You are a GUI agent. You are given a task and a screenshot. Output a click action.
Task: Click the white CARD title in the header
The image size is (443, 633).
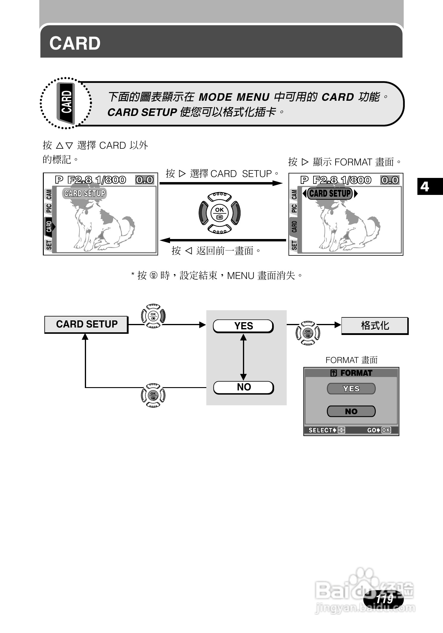tap(75, 44)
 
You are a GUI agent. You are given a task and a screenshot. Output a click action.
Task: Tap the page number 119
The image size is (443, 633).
tap(384, 599)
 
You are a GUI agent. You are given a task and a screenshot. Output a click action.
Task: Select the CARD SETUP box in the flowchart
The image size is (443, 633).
tap(86, 324)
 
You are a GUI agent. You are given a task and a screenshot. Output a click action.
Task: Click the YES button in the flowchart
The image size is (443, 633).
tap(243, 326)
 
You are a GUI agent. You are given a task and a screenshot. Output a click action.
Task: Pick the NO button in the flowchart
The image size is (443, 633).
tap(244, 387)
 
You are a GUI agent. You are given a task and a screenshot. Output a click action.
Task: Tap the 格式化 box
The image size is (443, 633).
tap(375, 325)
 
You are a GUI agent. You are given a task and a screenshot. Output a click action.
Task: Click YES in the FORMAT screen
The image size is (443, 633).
tap(351, 389)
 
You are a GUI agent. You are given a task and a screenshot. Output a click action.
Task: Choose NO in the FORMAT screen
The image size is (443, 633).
tap(351, 412)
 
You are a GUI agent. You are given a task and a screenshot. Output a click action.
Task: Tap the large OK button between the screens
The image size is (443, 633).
tap(219, 213)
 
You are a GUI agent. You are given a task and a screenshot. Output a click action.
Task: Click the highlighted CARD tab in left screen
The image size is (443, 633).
tap(49, 226)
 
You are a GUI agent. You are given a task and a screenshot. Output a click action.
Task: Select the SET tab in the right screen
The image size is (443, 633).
tap(294, 245)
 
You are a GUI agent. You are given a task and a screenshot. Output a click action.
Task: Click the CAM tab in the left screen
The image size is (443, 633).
tap(49, 194)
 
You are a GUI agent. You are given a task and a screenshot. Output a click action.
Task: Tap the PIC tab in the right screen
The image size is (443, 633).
tap(294, 208)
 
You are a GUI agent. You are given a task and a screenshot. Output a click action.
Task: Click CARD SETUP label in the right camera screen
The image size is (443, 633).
tap(330, 193)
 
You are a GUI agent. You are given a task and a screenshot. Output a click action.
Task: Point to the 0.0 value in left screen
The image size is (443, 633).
tap(145, 180)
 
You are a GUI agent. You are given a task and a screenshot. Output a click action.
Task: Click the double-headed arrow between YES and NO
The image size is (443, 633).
tap(244, 357)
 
